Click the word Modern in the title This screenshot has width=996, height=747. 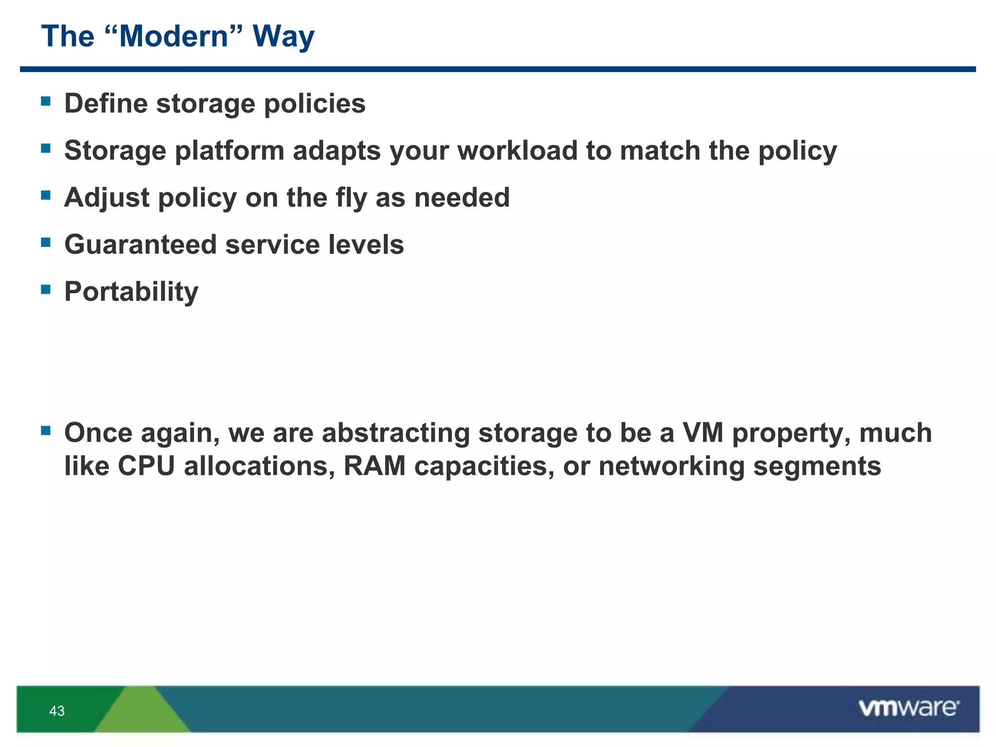click(x=174, y=36)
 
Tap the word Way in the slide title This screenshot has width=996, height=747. click(x=284, y=36)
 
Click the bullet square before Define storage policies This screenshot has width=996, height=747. click(x=46, y=101)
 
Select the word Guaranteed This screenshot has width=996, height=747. click(x=141, y=244)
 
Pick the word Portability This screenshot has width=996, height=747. click(x=131, y=292)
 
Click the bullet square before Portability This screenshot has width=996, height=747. click(x=46, y=289)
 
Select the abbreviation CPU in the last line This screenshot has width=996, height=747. click(x=146, y=466)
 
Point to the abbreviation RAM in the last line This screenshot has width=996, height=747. click(x=374, y=466)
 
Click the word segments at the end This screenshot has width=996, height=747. click(x=817, y=466)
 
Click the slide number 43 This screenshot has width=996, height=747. click(x=57, y=711)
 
